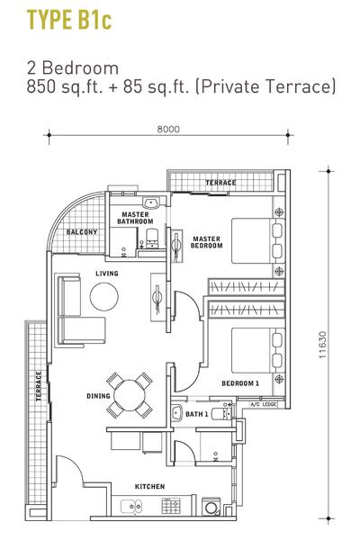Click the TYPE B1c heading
coord(69,21)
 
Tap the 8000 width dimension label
coord(168,129)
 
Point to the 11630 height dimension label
coord(322,345)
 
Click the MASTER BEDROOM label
coord(206,242)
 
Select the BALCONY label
coord(82,232)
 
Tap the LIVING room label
coord(107,274)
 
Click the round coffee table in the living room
coord(104,296)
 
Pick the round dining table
coord(130,395)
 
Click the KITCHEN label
coord(149,487)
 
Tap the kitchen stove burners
coord(171,506)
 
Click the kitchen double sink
coord(130,506)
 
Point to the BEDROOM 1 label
coord(240,383)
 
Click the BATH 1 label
coord(197,414)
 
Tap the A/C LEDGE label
coord(264,404)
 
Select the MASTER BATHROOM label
coord(135,218)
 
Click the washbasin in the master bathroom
coord(151,202)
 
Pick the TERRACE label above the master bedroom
coord(220,183)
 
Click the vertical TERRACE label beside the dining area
coord(39,386)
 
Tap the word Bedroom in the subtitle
coord(80,67)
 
